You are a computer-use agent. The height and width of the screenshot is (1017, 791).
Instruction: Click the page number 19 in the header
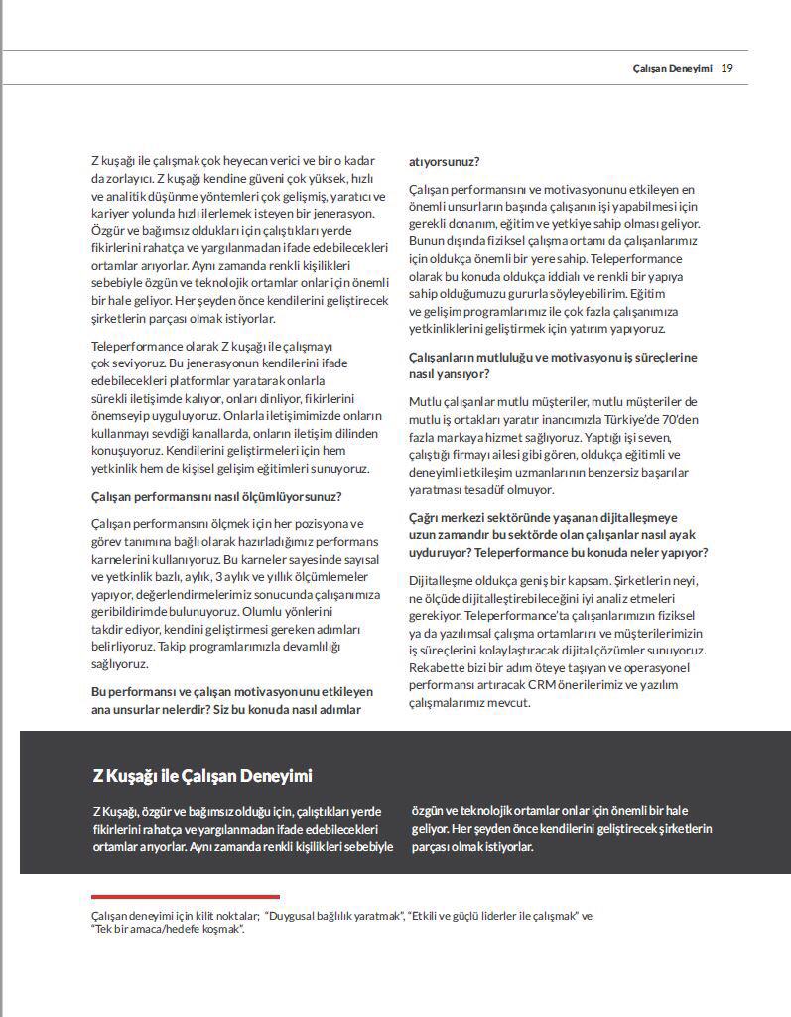pyautogui.click(x=727, y=68)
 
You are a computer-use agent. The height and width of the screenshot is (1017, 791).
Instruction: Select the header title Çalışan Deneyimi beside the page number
pyautogui.click(x=672, y=68)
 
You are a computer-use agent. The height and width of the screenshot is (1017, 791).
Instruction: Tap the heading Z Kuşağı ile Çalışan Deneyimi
pyautogui.click(x=202, y=776)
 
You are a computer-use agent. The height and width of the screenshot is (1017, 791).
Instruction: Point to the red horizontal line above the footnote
pyautogui.click(x=186, y=896)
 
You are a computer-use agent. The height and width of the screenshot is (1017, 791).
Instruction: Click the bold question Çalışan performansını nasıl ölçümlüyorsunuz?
pyautogui.click(x=216, y=496)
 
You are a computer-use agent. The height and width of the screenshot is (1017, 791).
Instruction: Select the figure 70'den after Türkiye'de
pyautogui.click(x=683, y=418)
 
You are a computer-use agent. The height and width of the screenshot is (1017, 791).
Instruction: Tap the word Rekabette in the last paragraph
pyautogui.click(x=439, y=668)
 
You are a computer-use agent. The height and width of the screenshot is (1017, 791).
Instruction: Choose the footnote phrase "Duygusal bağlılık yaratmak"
pyautogui.click(x=335, y=916)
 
